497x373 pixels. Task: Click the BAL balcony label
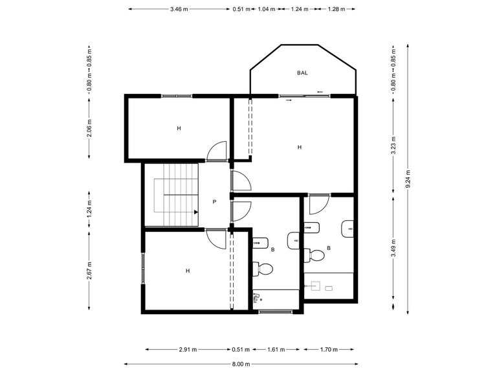[302, 73]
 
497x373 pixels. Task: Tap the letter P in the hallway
[214, 201]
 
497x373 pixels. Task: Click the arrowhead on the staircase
[195, 211]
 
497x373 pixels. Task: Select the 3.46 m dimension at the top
[179, 9]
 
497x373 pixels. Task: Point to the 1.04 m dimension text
[267, 9]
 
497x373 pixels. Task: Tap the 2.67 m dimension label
[89, 275]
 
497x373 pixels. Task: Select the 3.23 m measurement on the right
[393, 146]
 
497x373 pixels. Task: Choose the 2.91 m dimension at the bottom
[188, 350]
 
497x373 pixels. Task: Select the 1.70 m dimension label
[329, 350]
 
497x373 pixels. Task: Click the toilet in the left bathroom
[265, 267]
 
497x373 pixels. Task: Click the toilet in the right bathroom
[317, 255]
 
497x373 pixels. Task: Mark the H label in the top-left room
[179, 128]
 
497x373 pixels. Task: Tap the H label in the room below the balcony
[299, 147]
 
